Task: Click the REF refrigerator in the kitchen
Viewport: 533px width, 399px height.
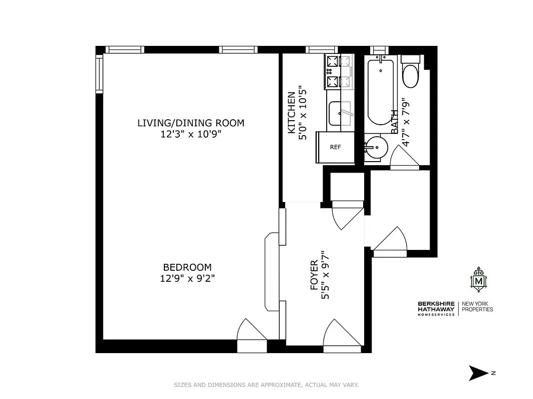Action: pyautogui.click(x=335, y=147)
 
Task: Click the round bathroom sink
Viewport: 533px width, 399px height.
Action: pyautogui.click(x=375, y=147)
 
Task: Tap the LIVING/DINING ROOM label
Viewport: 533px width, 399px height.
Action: pyautogui.click(x=191, y=123)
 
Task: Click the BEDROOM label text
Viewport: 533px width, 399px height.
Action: pyautogui.click(x=187, y=267)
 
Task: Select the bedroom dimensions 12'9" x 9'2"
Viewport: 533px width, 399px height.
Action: pyautogui.click(x=187, y=278)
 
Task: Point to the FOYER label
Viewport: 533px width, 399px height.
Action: pyautogui.click(x=314, y=275)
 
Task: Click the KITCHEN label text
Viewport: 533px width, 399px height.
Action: pyautogui.click(x=291, y=113)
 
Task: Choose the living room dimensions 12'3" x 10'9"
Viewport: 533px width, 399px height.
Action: pyautogui.click(x=191, y=134)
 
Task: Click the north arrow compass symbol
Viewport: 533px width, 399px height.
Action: pyautogui.click(x=479, y=373)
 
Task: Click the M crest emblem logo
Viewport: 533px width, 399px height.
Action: pyautogui.click(x=479, y=280)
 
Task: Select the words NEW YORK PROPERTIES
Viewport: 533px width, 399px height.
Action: pyautogui.click(x=477, y=306)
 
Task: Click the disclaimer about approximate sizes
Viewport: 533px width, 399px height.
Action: pyautogui.click(x=266, y=385)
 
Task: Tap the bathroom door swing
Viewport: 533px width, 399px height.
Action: pyautogui.click(x=404, y=159)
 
